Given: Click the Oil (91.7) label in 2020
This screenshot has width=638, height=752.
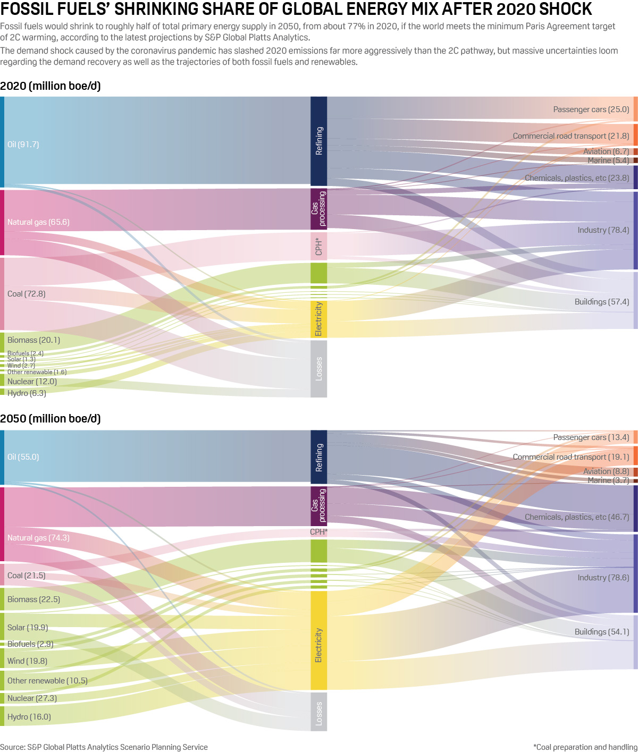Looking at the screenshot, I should point(23,145).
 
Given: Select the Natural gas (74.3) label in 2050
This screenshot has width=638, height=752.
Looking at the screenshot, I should point(38,538).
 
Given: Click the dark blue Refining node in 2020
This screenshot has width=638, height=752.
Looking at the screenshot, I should point(318,141).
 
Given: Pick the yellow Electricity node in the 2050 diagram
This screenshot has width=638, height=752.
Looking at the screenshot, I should point(318,645).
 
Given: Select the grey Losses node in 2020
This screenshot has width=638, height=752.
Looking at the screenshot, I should point(318,369).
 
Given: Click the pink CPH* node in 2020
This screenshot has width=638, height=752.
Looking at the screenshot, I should point(318,247).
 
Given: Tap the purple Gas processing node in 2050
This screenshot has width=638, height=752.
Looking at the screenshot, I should point(318,506).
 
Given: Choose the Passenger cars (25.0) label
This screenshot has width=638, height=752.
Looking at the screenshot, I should point(591,109).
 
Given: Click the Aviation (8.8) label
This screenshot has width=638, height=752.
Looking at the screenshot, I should point(606,471).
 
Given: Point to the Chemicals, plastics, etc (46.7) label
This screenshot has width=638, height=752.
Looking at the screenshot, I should point(577,517).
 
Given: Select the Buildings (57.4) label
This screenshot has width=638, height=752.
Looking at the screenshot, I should point(602,302).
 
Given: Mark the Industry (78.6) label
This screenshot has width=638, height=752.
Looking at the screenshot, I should point(603,578).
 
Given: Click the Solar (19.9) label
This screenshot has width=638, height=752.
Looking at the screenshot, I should point(28,628).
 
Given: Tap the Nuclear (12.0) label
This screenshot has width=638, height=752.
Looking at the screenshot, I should point(32,382).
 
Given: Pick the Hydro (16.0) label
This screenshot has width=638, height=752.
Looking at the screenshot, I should point(29,717).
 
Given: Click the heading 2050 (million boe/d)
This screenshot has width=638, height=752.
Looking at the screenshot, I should point(51,419).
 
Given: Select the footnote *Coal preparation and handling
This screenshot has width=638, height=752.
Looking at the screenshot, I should point(585,747).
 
